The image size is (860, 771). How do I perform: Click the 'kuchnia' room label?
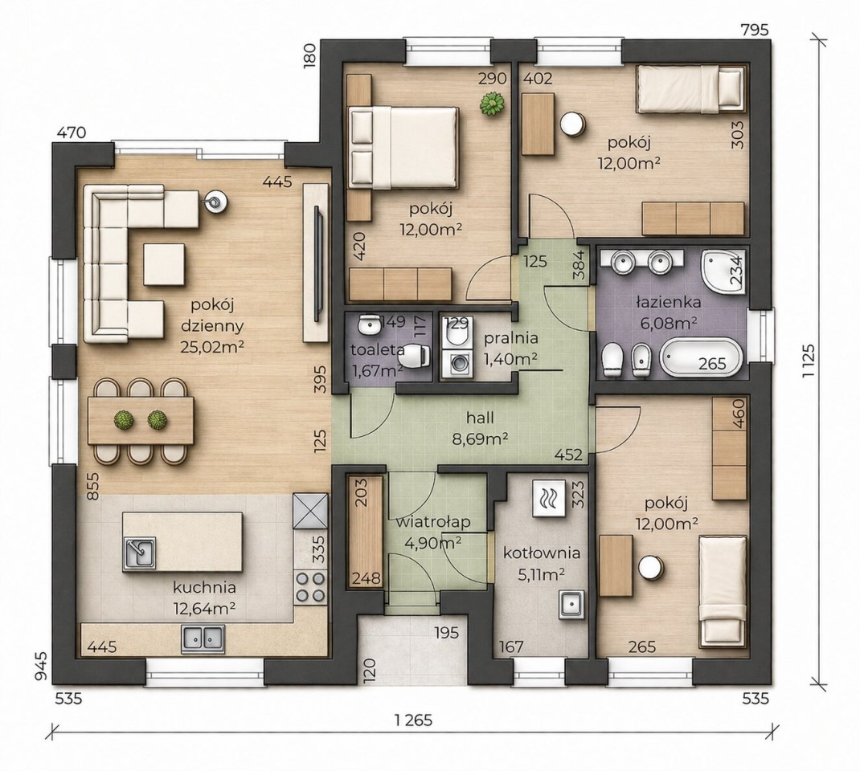click(x=205, y=588)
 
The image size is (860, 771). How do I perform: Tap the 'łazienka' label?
click(x=668, y=302)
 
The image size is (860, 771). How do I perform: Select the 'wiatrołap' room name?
click(x=432, y=522)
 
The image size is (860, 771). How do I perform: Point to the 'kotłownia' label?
click(x=542, y=553)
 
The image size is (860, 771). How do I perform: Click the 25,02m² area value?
click(x=212, y=346)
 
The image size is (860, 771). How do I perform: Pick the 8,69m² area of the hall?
click(x=480, y=439)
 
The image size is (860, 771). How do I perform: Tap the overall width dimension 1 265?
click(x=412, y=720)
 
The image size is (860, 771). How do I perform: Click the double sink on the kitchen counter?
click(x=203, y=639)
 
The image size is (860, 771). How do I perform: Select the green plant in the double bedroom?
click(x=492, y=104)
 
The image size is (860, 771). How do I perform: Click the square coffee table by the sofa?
click(x=165, y=265)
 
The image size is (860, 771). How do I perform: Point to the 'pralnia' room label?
click(x=510, y=338)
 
